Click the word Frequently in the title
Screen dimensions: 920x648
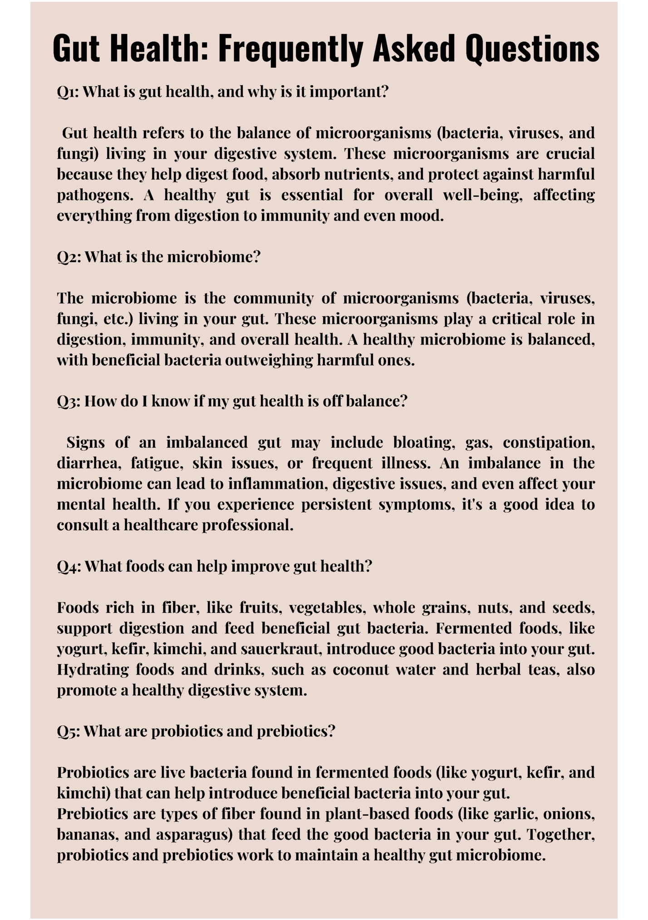290,49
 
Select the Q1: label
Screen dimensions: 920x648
68,92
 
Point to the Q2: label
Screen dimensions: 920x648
69,257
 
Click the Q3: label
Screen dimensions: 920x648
69,401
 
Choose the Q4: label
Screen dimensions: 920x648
69,567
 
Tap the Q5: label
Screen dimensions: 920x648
69,731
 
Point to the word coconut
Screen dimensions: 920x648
361,670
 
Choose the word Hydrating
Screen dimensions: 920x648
93,670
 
